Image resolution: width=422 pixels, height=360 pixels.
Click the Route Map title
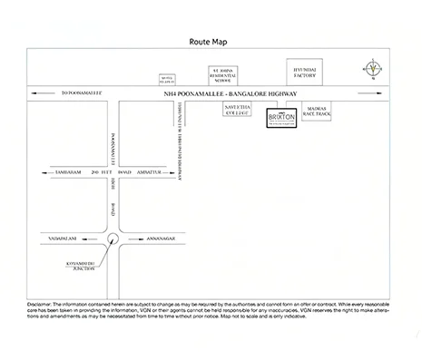(211, 42)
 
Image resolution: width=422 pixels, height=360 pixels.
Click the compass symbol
(374, 70)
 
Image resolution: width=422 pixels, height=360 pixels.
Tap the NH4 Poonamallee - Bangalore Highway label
(231, 94)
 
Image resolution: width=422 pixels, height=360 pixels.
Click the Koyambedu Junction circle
(112, 240)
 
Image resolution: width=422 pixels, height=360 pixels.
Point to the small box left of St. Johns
(165, 78)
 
